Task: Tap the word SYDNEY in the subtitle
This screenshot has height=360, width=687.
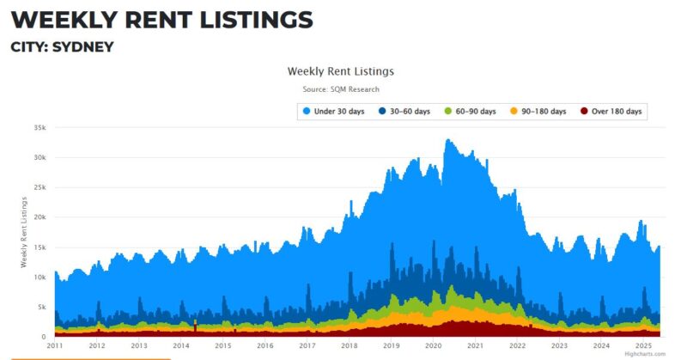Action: click(x=82, y=46)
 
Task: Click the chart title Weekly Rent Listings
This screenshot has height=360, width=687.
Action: click(x=340, y=71)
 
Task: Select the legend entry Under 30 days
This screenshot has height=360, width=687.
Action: click(x=334, y=112)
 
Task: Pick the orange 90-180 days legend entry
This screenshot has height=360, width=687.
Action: click(x=538, y=112)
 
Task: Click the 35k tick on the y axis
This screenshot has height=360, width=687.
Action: click(x=39, y=127)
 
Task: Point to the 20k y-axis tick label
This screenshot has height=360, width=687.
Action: click(x=39, y=217)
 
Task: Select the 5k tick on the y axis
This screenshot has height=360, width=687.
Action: click(x=40, y=307)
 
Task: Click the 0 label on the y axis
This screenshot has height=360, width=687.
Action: click(x=44, y=337)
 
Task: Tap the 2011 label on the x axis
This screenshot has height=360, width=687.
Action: click(x=55, y=346)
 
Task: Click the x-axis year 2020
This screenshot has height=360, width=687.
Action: click(x=433, y=346)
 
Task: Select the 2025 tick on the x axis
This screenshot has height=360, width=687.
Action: click(x=643, y=346)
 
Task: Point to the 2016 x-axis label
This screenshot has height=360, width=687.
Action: click(x=264, y=346)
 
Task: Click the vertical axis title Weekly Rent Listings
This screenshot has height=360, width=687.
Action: click(x=24, y=232)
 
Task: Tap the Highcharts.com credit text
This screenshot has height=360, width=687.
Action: click(x=645, y=354)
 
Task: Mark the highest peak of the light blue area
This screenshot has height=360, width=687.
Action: click(x=447, y=139)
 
